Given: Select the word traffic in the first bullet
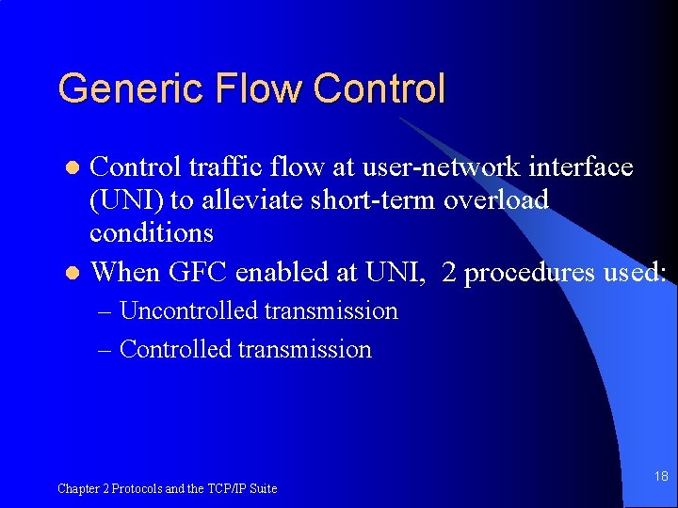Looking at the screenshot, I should (x=215, y=167).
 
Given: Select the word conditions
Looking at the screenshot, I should (x=152, y=233).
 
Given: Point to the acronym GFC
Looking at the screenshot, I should (x=199, y=272).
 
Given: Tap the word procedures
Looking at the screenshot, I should (x=526, y=272).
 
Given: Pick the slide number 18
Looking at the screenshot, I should (x=661, y=477).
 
